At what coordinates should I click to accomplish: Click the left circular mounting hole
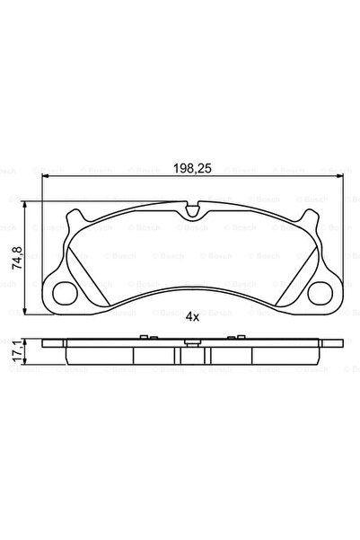[x=64, y=292]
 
